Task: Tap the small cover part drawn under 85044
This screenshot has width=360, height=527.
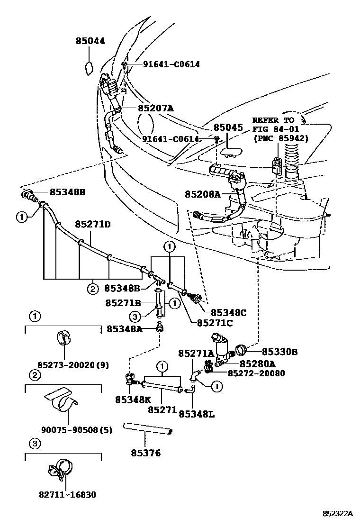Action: point(89,68)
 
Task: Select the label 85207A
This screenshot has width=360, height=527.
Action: point(155,108)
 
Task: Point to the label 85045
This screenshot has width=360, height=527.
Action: point(227,127)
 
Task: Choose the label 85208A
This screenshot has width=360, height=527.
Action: point(203,194)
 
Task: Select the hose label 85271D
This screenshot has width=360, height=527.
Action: point(93,223)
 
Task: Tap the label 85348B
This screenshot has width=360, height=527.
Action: point(122,288)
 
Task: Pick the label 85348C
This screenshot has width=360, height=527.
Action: point(228,312)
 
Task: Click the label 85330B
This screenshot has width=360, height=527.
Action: point(279,352)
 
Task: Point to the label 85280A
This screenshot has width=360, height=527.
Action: point(257,363)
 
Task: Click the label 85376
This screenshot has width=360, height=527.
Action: point(146,453)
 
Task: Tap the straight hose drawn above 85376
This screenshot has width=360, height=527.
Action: point(149,428)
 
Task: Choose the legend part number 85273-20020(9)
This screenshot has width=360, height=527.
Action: point(73,365)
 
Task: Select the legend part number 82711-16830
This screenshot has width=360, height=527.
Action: point(67,495)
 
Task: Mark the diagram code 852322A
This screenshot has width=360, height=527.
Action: point(338,514)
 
